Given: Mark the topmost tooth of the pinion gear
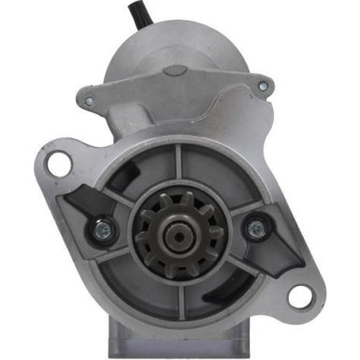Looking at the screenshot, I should click(177, 195).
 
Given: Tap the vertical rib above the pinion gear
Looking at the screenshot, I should click(177, 168).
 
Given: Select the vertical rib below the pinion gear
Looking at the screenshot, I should click(178, 290).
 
